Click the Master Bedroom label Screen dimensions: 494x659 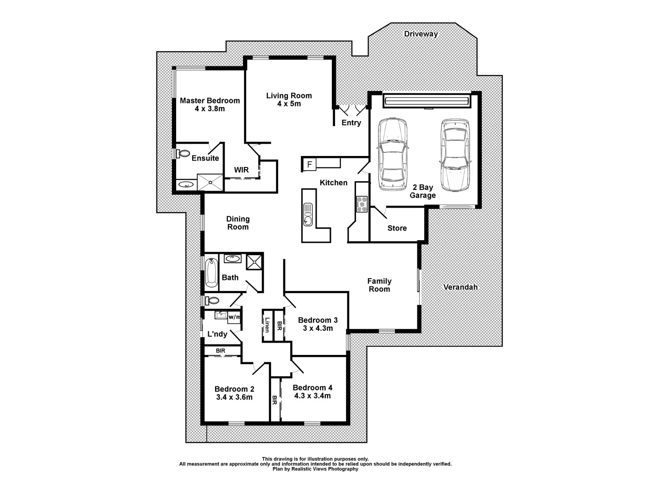pos(210,101)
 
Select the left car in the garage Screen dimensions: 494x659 pos(393,155)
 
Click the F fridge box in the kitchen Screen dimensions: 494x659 pos(309,164)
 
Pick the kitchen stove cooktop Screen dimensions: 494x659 pos(362,204)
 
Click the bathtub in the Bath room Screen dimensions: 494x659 pos(211,273)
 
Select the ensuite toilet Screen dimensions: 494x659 pos(184,154)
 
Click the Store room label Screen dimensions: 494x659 pos(397,228)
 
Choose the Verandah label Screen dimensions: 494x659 pos(460,287)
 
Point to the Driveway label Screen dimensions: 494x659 pos(421,34)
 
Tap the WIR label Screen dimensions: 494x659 pos(241,170)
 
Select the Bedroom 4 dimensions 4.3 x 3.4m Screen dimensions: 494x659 pos(312,396)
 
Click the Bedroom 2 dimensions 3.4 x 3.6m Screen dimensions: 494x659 pos(234,397)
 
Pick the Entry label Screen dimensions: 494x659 pos(351,123)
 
